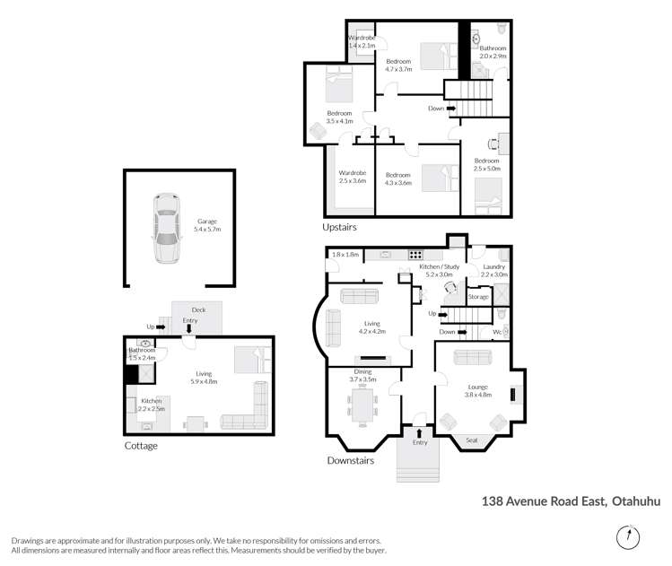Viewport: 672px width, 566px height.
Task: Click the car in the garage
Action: pyautogui.click(x=164, y=228)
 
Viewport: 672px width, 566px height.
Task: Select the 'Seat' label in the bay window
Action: pyautogui.click(x=473, y=440)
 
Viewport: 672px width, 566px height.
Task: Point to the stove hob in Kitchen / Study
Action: pyautogui.click(x=415, y=254)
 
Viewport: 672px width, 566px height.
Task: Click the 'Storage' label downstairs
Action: pyautogui.click(x=478, y=297)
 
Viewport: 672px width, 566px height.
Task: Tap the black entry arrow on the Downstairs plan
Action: pyautogui.click(x=418, y=433)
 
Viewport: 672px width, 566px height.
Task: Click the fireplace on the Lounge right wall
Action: pyautogui.click(x=515, y=394)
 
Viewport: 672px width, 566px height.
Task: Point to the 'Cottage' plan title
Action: pyautogui.click(x=141, y=446)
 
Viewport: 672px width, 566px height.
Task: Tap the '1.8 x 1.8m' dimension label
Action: pyautogui.click(x=345, y=255)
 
